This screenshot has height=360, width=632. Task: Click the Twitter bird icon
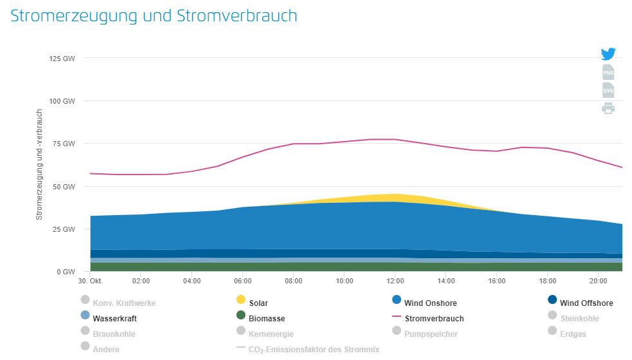pyautogui.click(x=608, y=54)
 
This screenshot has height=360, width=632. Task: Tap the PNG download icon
pyautogui.click(x=608, y=72)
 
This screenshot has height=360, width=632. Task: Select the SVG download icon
pyautogui.click(x=608, y=90)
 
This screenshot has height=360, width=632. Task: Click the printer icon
pyautogui.click(x=608, y=108)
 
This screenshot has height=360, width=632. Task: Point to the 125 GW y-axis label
pyautogui.click(x=62, y=59)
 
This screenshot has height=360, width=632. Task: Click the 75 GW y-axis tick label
pyautogui.click(x=64, y=144)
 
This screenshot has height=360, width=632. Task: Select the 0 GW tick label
pyautogui.click(x=66, y=272)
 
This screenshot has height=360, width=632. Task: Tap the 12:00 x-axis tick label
pyautogui.click(x=395, y=281)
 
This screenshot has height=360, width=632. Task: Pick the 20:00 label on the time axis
pyautogui.click(x=598, y=281)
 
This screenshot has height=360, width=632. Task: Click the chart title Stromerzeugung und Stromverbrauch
pyautogui.click(x=154, y=16)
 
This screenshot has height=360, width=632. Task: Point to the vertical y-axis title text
pyautogui.click(x=39, y=165)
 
